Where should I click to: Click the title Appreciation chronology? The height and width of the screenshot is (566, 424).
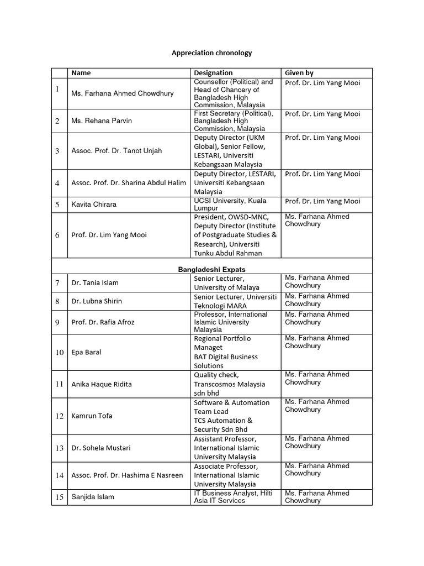coord(212,53)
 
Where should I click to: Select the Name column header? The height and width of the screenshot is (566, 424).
coord(81,72)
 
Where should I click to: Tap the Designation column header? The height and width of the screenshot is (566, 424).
coord(213,72)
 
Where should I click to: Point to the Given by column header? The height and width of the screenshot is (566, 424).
coord(299,72)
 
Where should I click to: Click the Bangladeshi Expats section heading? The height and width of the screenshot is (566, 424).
coord(211,269)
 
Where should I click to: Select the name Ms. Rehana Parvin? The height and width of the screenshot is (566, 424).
coord(102,121)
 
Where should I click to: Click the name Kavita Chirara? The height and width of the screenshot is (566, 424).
coord(94,204)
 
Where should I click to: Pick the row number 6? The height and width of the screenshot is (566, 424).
coord(57,235)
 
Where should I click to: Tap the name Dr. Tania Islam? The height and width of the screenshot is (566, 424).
coord(95,282)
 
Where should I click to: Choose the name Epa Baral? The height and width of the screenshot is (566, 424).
coord(86,352)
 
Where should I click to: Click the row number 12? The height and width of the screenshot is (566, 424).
coord(59,416)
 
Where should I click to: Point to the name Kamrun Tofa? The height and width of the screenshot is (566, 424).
coord(92,416)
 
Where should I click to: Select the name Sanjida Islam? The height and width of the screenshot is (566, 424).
coord(93,496)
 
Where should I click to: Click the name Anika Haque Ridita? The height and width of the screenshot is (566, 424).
coord(102,384)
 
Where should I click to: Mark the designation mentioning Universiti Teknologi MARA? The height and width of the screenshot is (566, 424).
coord(235,301)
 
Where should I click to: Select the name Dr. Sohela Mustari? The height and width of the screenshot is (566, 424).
coord(101,448)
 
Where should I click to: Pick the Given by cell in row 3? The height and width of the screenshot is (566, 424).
coord(322,138)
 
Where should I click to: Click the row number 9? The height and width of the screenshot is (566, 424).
coord(57,322)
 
